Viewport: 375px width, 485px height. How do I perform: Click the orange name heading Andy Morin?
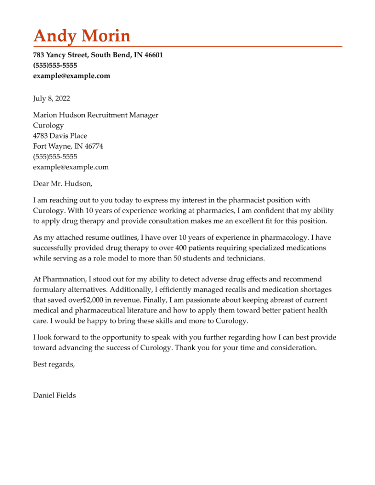coord(82,36)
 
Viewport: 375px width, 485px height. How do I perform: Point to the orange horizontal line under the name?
coord(187,47)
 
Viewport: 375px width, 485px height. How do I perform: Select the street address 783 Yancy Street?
coord(60,55)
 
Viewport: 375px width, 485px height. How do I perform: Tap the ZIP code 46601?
coord(154,55)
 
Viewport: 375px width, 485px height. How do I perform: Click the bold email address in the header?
coord(71,75)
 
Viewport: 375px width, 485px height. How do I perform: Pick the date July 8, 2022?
coord(51,98)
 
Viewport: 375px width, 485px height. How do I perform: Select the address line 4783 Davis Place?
coord(60,136)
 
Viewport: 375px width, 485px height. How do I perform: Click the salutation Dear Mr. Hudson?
coord(62,183)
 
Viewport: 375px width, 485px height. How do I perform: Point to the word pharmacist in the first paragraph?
coord(246,200)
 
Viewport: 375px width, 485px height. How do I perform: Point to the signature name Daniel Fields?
coord(54,395)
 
